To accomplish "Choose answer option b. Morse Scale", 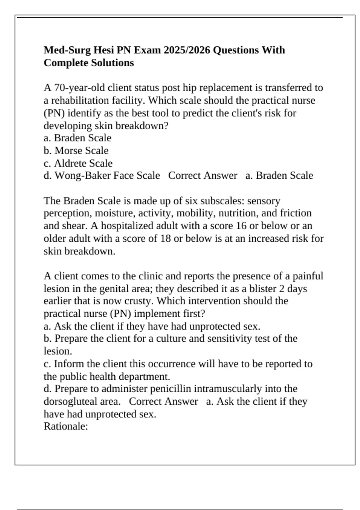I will [76, 150].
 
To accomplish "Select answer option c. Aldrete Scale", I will [78, 163].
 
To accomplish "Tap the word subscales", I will [222, 201].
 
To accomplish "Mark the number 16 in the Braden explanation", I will [241, 226].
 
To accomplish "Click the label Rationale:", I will [66, 426].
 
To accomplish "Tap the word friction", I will [296, 213].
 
